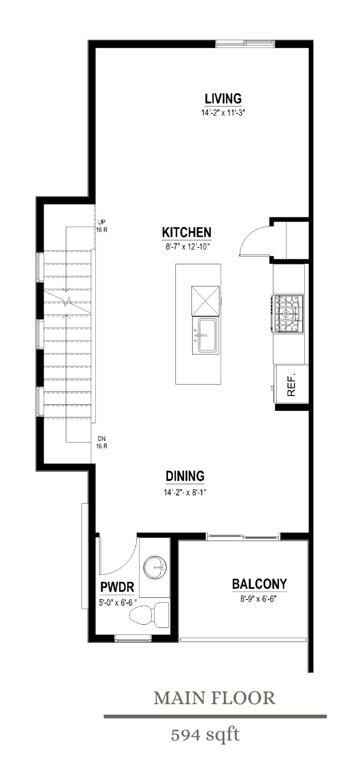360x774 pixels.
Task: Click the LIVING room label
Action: (x=223, y=99)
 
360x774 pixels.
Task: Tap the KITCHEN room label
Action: (x=187, y=232)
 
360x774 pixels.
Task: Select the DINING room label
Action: (x=185, y=476)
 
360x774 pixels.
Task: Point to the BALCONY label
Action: (x=259, y=584)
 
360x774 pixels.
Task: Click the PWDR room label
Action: (x=117, y=587)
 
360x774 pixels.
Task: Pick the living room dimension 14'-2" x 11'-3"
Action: (x=223, y=113)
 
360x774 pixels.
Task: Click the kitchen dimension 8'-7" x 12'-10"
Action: (x=187, y=247)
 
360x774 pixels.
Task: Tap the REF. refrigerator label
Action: (x=291, y=385)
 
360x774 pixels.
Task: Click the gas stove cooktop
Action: (x=288, y=314)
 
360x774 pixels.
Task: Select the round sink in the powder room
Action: (x=154, y=567)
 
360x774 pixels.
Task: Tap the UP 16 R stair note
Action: (x=102, y=226)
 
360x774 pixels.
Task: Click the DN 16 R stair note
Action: (x=102, y=442)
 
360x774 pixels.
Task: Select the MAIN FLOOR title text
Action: (x=214, y=698)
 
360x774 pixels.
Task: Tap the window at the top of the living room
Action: (x=245, y=44)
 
